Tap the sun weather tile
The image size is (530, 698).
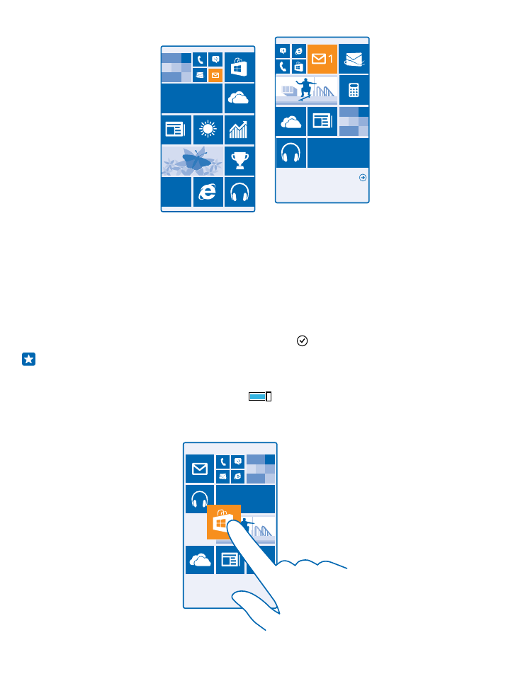coord(208,130)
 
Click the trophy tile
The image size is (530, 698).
coord(239,161)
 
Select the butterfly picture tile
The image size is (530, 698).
coord(192,161)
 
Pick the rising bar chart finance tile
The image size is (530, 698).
coord(239,130)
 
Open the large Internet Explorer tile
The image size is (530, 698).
coord(208,192)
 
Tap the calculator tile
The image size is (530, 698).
coord(354,90)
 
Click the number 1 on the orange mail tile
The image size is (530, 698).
coord(330,59)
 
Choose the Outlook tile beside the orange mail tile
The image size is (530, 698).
coord(354,59)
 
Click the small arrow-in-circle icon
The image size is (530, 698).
coord(363,178)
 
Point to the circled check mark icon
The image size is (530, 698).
coord(302,341)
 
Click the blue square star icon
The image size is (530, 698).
coord(28,359)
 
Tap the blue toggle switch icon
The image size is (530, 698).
coord(260,396)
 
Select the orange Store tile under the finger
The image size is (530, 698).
coord(224,522)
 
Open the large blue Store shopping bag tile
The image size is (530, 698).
coord(239,67)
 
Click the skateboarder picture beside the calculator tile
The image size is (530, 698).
coord(307,90)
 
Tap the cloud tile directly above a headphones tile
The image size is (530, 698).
coord(291,122)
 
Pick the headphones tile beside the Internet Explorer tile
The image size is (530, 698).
coord(239,192)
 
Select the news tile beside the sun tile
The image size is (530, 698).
coord(176,130)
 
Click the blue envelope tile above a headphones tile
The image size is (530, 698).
coord(200,469)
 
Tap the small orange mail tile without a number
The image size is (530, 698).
coord(215,75)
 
